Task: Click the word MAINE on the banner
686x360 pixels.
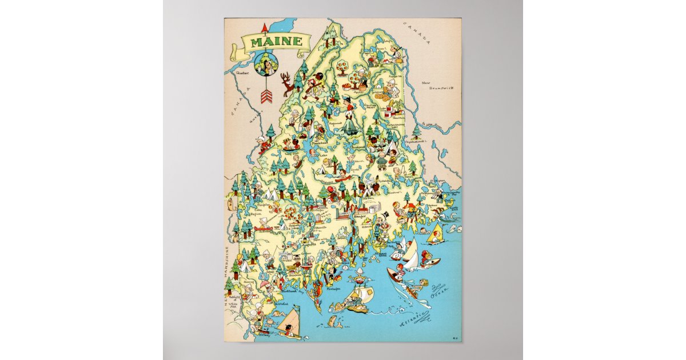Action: click(x=273, y=42)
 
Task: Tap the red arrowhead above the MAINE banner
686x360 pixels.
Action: click(x=264, y=27)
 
